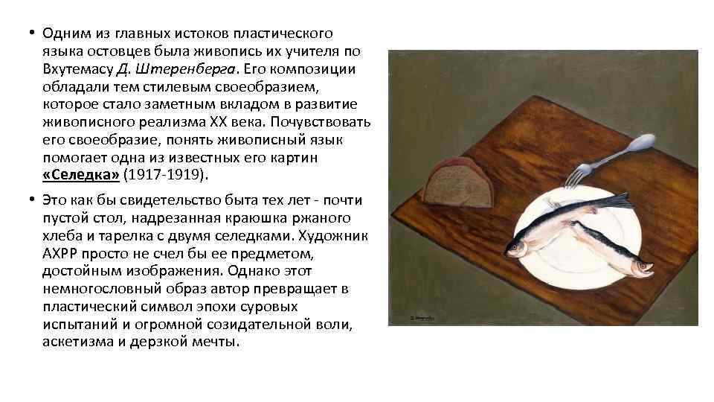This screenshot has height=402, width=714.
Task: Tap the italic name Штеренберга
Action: (x=183, y=68)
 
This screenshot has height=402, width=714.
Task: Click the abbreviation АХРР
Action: (x=62, y=253)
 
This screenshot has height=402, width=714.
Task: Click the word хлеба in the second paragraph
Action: (x=61, y=235)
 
